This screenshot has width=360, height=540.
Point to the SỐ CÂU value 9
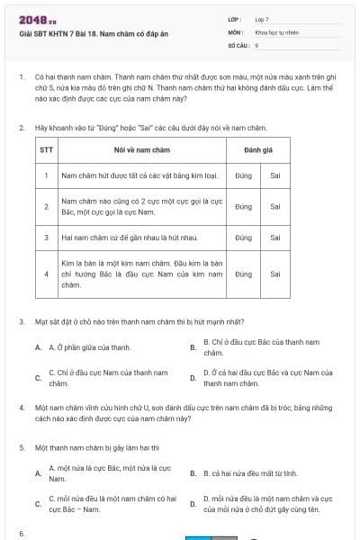[257, 44]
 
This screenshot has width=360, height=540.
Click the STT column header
[47, 148]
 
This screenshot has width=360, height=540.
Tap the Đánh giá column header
[258, 148]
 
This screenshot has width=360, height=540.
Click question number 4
[21, 408]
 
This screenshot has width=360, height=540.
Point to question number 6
[21, 534]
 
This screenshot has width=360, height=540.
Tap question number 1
[21, 78]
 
